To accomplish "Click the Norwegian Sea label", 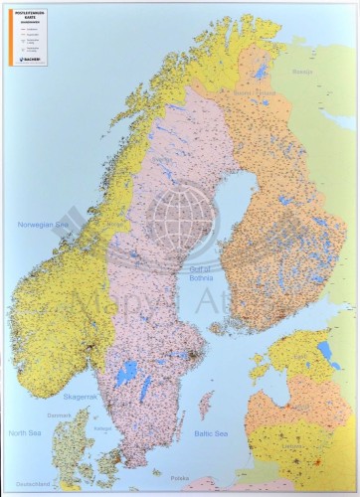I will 39,225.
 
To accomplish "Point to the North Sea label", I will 25,433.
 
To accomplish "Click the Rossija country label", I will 302,72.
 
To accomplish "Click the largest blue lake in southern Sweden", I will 126,374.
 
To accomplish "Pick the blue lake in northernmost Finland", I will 261,72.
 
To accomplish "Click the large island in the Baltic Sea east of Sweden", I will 206,406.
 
